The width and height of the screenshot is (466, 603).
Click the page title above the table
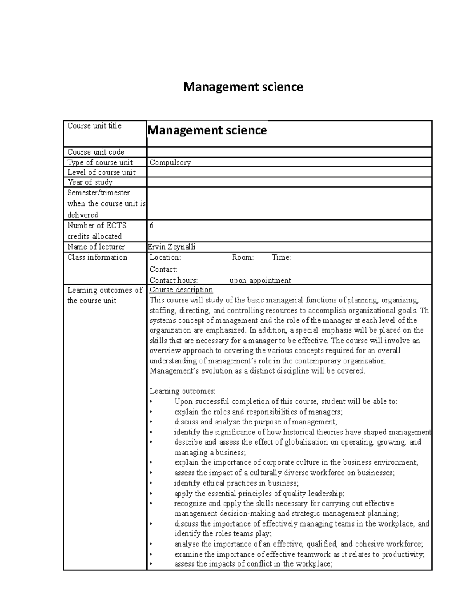(243, 87)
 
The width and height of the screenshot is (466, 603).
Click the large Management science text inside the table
(207, 130)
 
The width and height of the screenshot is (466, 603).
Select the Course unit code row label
(96, 152)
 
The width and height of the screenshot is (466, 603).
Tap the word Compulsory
(170, 163)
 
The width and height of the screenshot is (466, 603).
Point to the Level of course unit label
(101, 172)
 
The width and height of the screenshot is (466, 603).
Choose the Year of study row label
(90, 182)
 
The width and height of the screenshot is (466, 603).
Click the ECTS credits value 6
(151, 226)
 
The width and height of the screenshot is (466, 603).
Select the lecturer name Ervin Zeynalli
(172, 247)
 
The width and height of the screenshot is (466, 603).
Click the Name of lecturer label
(96, 247)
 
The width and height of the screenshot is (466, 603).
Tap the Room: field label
(243, 257)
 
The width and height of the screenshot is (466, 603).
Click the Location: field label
(165, 257)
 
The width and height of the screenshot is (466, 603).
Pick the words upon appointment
(260, 280)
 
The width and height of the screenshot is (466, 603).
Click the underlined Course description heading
(181, 290)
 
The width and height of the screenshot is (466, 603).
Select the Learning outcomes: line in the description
(182, 391)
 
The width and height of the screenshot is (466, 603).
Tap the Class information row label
(97, 257)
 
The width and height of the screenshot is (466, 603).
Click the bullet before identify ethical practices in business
(151, 483)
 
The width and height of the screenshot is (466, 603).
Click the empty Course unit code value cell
(289, 152)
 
